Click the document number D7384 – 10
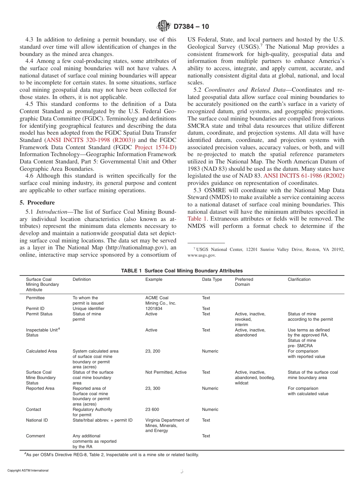pyautogui.click(x=191, y=26)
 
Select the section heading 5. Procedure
pyautogui.click(x=37, y=202)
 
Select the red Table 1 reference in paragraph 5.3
pyautogui.click(x=198, y=219)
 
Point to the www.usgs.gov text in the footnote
pyautogui.click(x=202, y=255)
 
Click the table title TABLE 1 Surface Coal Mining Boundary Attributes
pyautogui.click(x=182, y=270)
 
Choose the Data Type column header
pyautogui.click(x=212, y=279)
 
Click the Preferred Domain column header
pyautogui.click(x=244, y=282)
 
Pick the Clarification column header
pyautogui.click(x=299, y=279)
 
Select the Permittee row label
pyautogui.click(x=35, y=298)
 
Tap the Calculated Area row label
pyautogui.click(x=41, y=351)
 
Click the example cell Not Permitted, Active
pyautogui.click(x=166, y=372)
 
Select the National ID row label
pyautogui.click(x=37, y=420)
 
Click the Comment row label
pyautogui.click(x=35, y=436)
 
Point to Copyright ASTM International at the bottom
pyautogui.click(x=28, y=470)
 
